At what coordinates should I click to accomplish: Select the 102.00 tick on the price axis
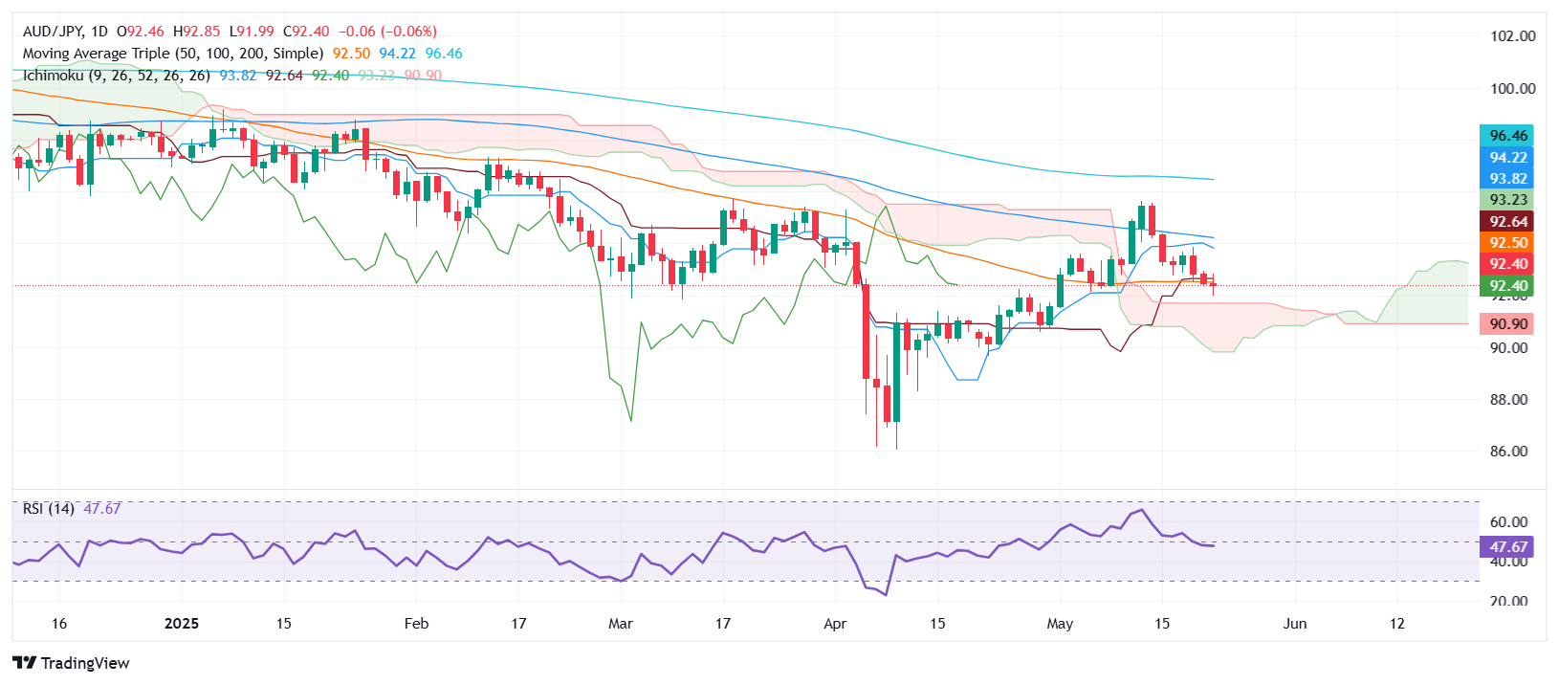[x=1512, y=36]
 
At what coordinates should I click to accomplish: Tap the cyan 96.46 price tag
[x=1507, y=136]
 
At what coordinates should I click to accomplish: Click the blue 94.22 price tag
[x=1507, y=158]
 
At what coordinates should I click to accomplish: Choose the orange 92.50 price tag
[x=1507, y=243]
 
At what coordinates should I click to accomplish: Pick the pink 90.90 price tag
[x=1507, y=324]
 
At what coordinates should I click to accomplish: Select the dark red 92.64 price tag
[x=1507, y=222]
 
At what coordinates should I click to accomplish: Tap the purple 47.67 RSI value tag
[x=1507, y=547]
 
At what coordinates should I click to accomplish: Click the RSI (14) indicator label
[x=49, y=509]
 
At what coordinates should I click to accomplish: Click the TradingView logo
[x=72, y=663]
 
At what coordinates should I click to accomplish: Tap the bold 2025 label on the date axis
[x=182, y=624]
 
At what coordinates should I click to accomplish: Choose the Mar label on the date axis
[x=621, y=624]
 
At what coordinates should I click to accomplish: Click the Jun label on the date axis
[x=1294, y=624]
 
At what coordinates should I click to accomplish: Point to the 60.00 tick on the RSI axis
[x=1508, y=522]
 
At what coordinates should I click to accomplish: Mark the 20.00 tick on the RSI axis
[x=1508, y=602]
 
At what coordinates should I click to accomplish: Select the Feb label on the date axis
[x=416, y=624]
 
